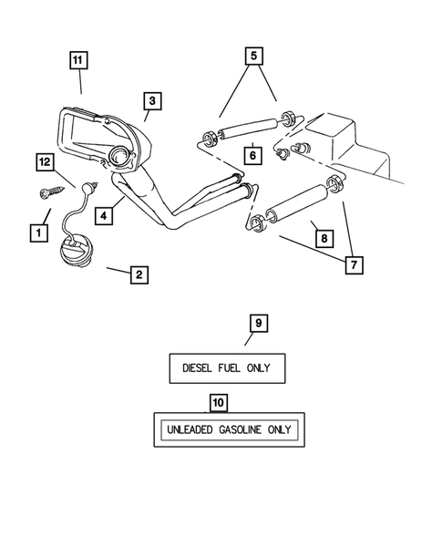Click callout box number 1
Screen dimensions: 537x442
pos(37,233)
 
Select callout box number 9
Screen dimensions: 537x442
pos(258,323)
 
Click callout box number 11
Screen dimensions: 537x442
pos(80,61)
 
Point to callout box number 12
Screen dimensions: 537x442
pos(45,162)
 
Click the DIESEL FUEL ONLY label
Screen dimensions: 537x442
pos(227,368)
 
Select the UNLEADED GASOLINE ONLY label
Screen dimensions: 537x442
pos(226,429)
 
